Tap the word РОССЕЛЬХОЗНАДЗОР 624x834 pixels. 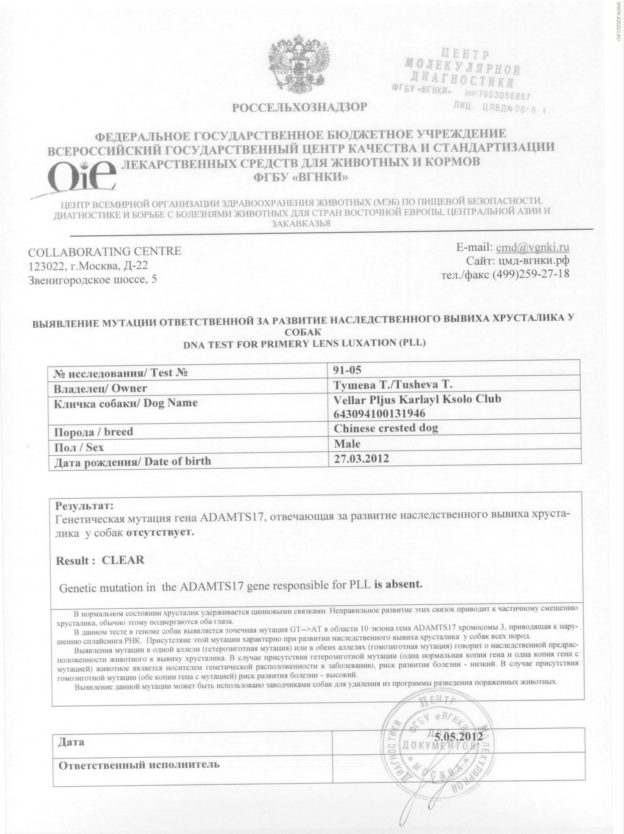(x=299, y=108)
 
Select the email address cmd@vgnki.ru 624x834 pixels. (x=532, y=247)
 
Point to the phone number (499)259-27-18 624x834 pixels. (x=531, y=274)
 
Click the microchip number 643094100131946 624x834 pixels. (x=379, y=414)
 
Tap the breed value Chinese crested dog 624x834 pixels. (x=386, y=428)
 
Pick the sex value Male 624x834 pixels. (x=347, y=443)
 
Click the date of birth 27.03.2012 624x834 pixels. (x=361, y=458)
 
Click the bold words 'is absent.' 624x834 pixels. (x=397, y=585)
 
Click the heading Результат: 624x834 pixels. (x=84, y=505)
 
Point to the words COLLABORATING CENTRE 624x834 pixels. (x=105, y=251)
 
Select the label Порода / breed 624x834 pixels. (x=94, y=431)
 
